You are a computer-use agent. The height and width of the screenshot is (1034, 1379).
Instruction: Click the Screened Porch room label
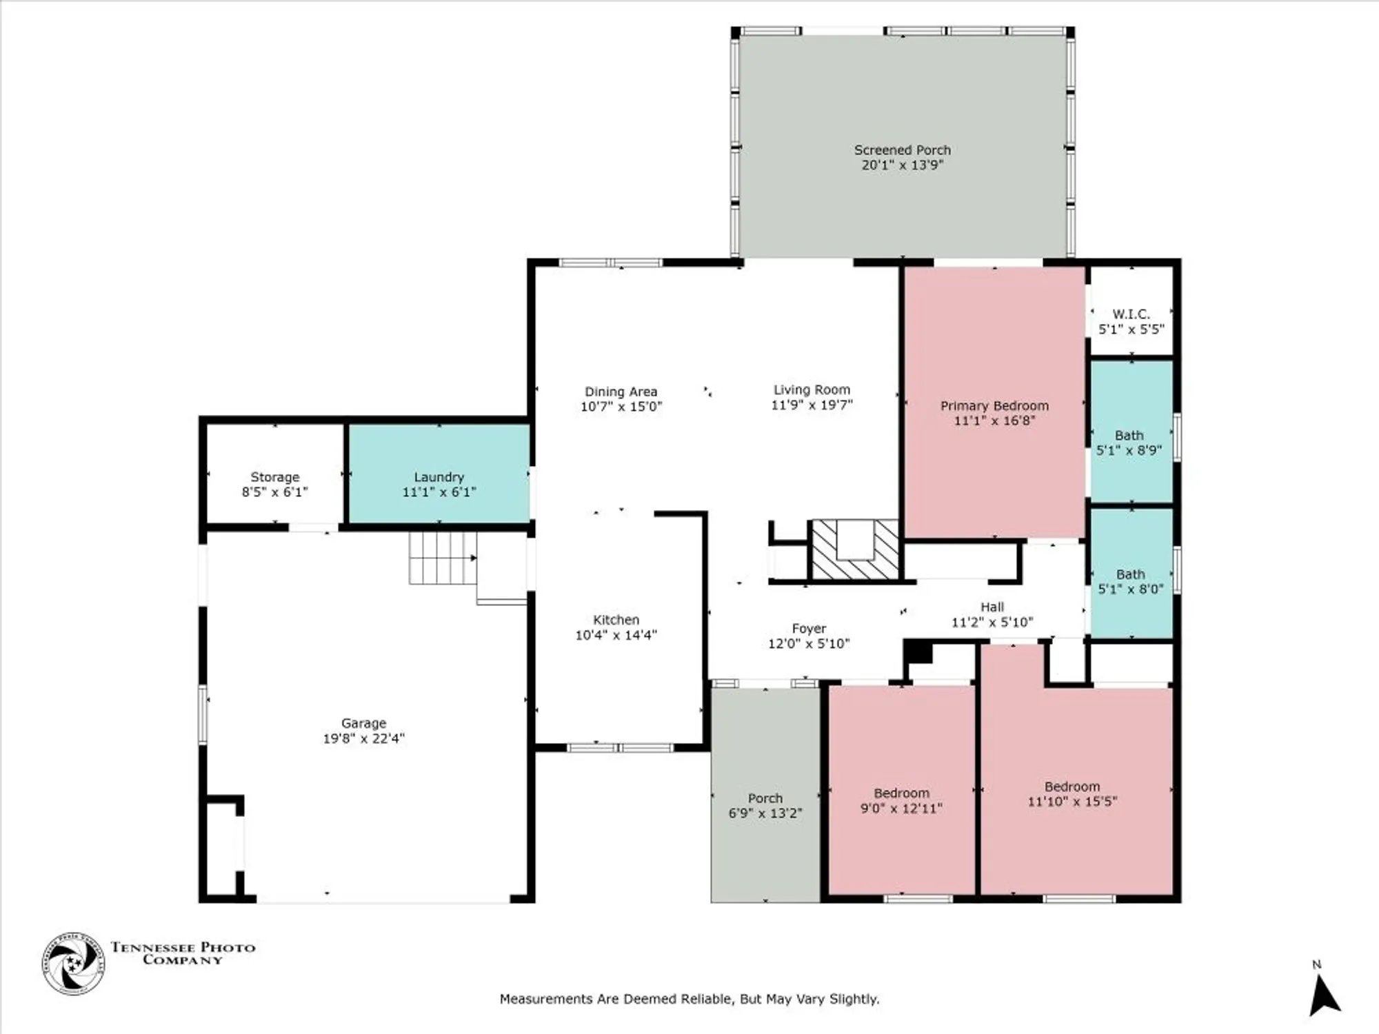902,150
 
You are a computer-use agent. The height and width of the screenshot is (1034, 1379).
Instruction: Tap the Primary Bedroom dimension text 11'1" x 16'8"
994,420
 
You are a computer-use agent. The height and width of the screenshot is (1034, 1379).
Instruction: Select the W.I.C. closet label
1131,314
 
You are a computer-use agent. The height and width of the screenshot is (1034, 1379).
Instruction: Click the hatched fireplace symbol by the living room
856,549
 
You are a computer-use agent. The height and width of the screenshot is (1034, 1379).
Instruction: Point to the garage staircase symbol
443,558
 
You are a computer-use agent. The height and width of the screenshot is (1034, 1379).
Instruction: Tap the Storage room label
274,477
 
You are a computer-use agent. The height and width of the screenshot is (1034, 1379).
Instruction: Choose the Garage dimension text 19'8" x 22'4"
363,738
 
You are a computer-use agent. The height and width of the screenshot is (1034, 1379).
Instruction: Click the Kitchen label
616,620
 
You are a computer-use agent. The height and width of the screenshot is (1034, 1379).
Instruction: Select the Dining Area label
621,392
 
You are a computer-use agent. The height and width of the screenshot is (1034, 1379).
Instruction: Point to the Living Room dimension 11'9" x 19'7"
812,405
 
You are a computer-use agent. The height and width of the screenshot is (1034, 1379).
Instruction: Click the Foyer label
809,629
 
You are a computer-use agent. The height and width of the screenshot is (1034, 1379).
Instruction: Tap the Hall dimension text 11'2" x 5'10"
992,622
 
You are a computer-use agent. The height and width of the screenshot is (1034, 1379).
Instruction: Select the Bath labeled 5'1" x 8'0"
1130,581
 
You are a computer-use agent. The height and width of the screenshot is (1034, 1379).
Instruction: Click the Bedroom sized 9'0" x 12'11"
901,800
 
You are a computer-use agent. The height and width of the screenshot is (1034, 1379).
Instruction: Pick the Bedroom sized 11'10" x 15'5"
1072,793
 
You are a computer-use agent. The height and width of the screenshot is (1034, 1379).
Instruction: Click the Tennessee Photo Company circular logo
73,963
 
